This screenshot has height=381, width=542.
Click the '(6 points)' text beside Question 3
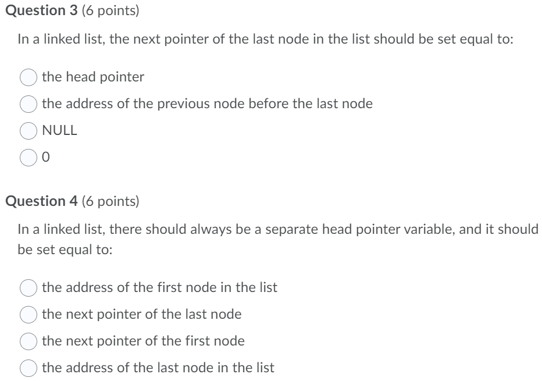coord(110,12)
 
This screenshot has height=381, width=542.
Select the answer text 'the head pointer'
coord(93,77)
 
